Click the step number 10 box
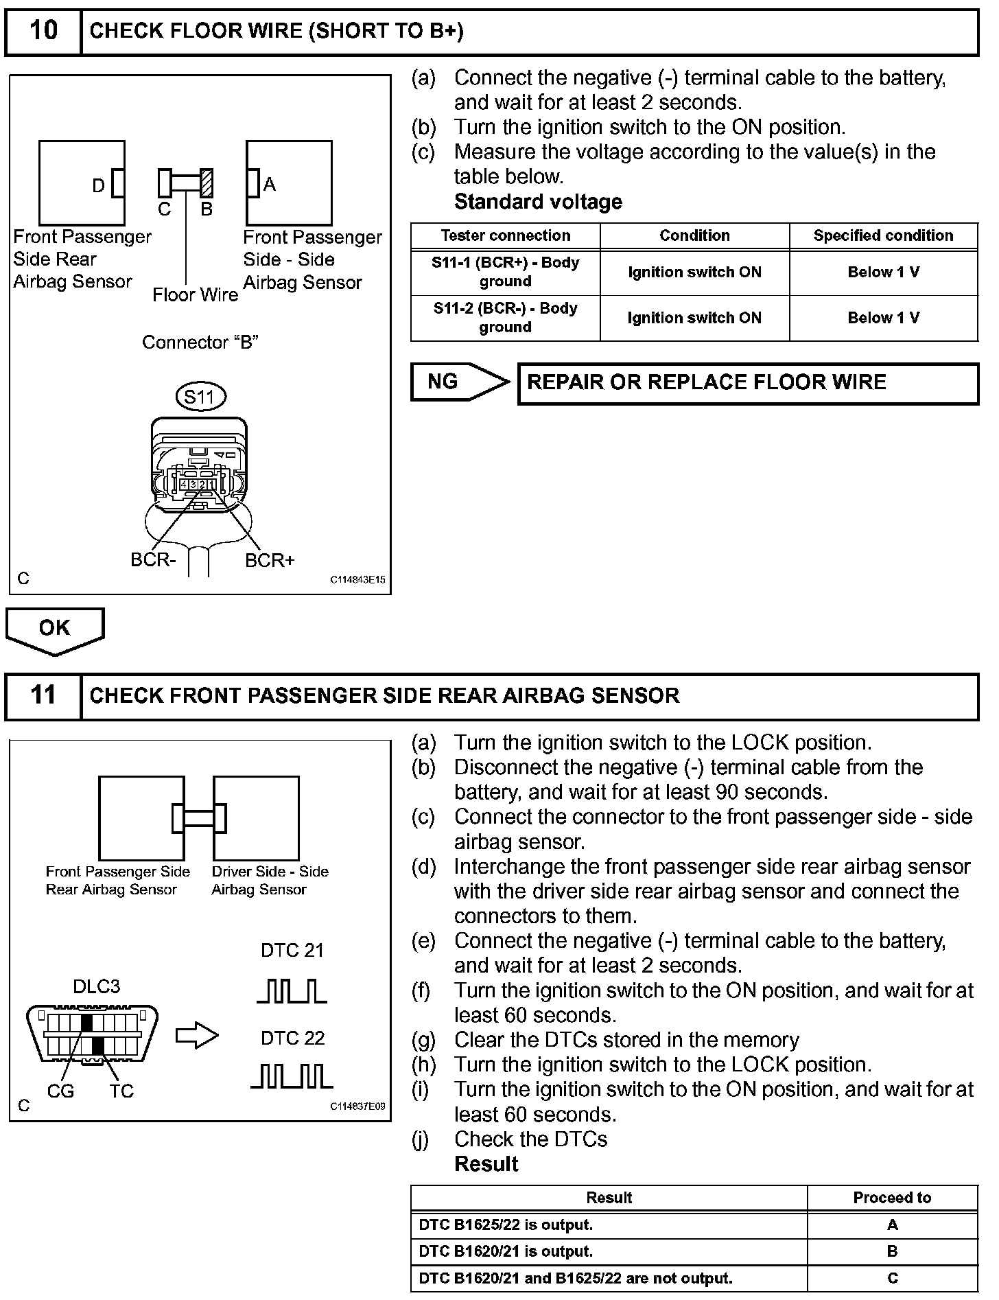[x=43, y=31]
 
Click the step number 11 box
[x=43, y=695]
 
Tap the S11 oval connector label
[x=200, y=397]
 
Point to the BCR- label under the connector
[x=153, y=560]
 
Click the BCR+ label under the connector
[x=270, y=561]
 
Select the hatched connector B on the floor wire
[x=207, y=183]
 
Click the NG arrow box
[x=458, y=382]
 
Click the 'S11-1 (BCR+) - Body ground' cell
[x=506, y=272]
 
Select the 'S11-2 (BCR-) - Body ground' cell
[x=506, y=318]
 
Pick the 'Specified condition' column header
[x=883, y=235]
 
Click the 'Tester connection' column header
[x=506, y=235]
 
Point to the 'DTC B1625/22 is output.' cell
[x=609, y=1225]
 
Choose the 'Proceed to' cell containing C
[x=892, y=1278]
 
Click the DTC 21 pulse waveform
[x=292, y=991]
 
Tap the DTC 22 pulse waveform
[x=292, y=1076]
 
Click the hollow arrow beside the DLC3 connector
[x=197, y=1036]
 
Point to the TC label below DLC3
[x=121, y=1091]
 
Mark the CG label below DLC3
[x=60, y=1091]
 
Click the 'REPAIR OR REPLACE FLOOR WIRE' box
[x=747, y=383]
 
